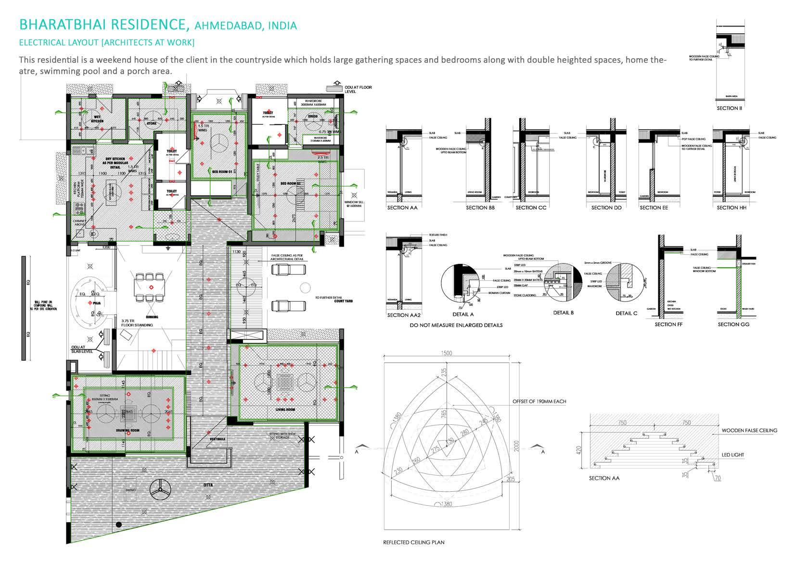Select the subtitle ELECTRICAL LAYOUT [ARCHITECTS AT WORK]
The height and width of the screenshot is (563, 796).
pyautogui.click(x=106, y=42)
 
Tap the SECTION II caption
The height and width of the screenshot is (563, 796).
pyautogui.click(x=729, y=108)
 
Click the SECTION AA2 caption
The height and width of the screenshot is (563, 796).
pyautogui.click(x=404, y=315)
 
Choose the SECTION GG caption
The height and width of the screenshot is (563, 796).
pyautogui.click(x=733, y=324)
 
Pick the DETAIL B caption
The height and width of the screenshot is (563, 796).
pyautogui.click(x=564, y=313)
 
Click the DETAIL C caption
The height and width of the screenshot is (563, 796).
pyautogui.click(x=626, y=313)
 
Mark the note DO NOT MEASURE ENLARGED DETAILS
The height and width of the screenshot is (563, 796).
pyautogui.click(x=456, y=325)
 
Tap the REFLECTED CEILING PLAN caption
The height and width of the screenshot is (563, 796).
pyautogui.click(x=413, y=542)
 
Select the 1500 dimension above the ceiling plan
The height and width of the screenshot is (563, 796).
pyautogui.click(x=446, y=354)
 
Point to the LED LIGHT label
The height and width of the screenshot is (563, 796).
pyautogui.click(x=733, y=455)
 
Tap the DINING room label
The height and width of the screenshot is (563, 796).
pyautogui.click(x=152, y=316)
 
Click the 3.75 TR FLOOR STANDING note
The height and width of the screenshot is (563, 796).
pyautogui.click(x=137, y=323)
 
